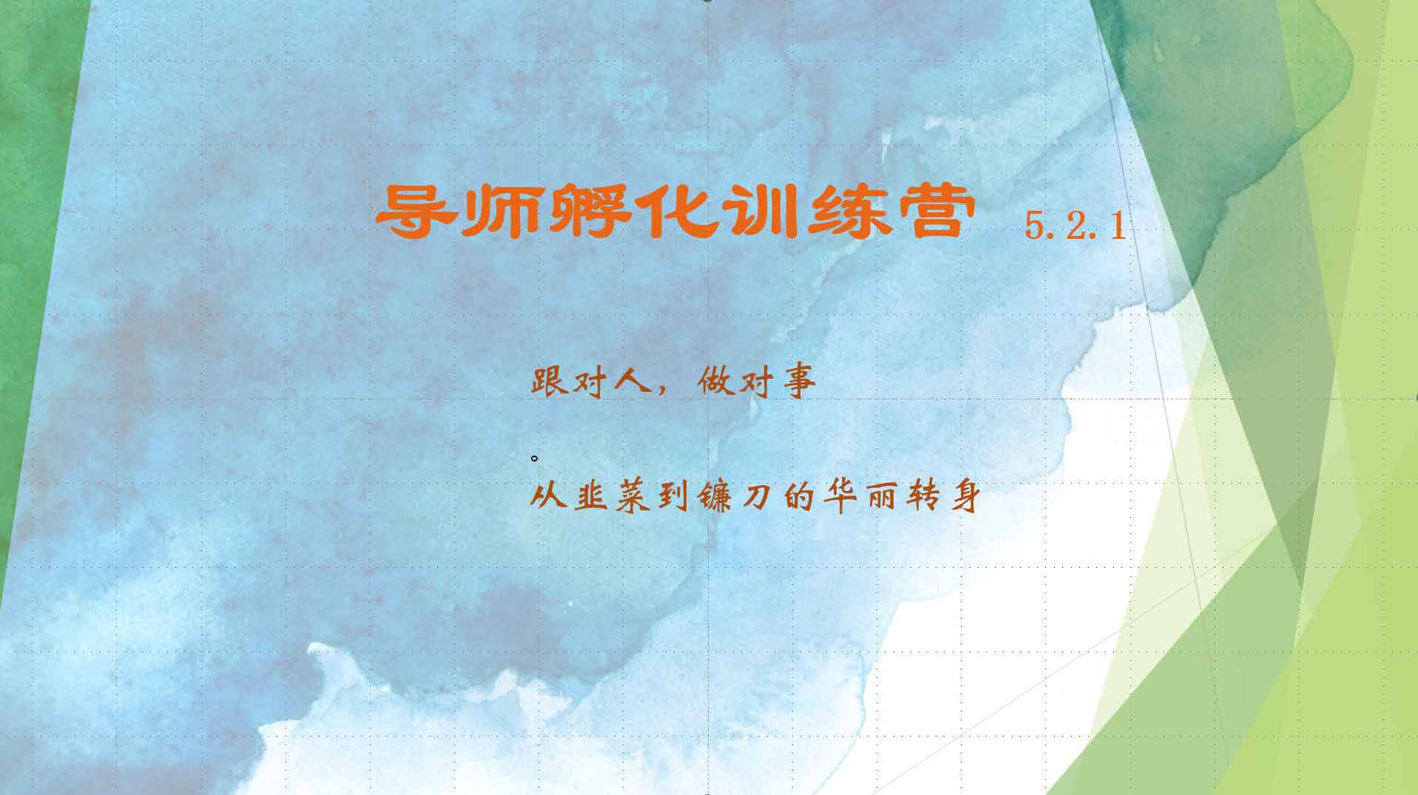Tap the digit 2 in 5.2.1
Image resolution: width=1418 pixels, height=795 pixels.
coord(1076,225)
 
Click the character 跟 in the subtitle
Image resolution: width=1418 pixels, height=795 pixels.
coord(549,382)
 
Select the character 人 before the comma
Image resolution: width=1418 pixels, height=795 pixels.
coord(632,382)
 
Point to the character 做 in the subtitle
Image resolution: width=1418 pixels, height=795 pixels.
coord(715,382)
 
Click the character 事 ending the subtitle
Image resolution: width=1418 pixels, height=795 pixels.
coord(799,382)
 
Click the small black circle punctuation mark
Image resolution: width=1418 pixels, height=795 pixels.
coord(534,459)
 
